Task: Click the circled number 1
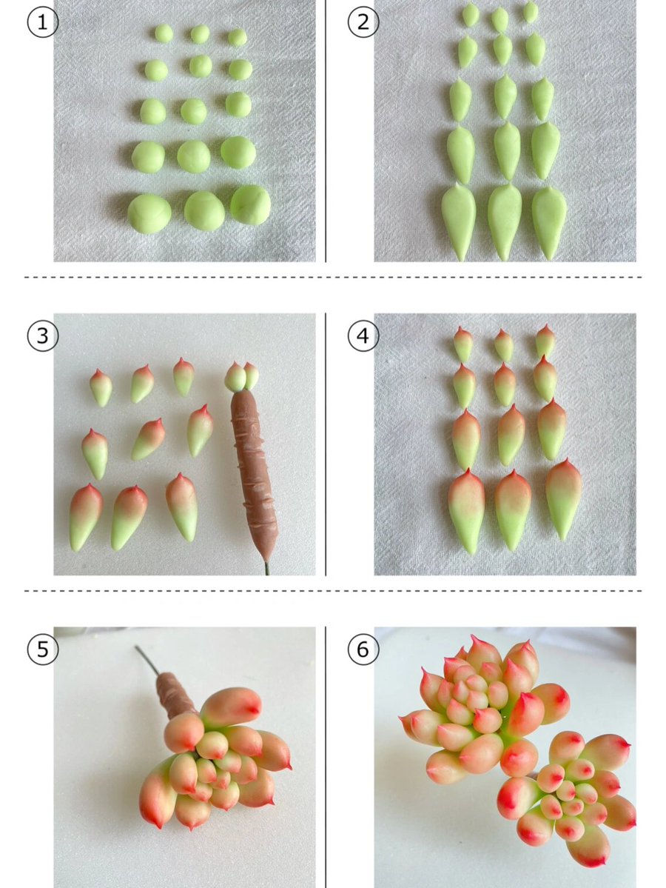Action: [42, 22]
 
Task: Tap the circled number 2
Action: [363, 22]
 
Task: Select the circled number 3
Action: [42, 335]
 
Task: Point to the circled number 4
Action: [363, 335]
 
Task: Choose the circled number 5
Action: [42, 650]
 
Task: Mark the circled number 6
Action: [363, 650]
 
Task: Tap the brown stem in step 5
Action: [176, 694]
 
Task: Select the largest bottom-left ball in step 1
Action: [149, 213]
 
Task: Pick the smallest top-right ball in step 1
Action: [238, 37]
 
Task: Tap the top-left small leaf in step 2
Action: [471, 14]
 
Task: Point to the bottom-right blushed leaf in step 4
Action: [564, 499]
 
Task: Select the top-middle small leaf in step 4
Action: [504, 345]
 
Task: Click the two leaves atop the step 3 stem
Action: [242, 377]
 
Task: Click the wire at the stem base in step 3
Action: [266, 569]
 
